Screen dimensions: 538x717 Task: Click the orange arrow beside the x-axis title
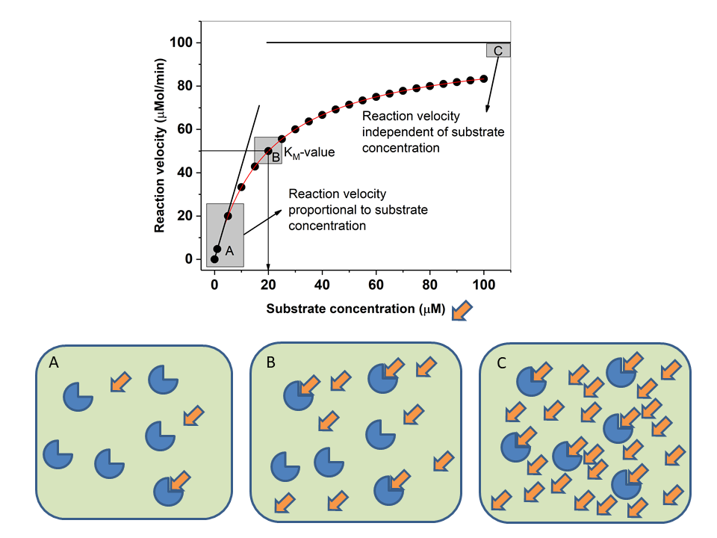(x=463, y=309)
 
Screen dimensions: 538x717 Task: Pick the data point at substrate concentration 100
(x=483, y=78)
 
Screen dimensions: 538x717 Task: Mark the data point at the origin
(x=214, y=259)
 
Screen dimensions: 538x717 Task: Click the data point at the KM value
(x=268, y=151)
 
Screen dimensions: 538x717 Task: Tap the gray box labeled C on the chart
(x=498, y=50)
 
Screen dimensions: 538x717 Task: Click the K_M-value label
(x=309, y=152)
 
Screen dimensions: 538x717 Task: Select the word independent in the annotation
(x=395, y=132)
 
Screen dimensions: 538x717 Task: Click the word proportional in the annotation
(x=322, y=210)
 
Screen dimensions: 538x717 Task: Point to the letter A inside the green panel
(x=54, y=363)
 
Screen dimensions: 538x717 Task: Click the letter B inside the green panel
(x=271, y=363)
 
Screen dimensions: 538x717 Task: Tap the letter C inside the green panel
(x=501, y=363)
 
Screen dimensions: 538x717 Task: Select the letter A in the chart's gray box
(x=229, y=250)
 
